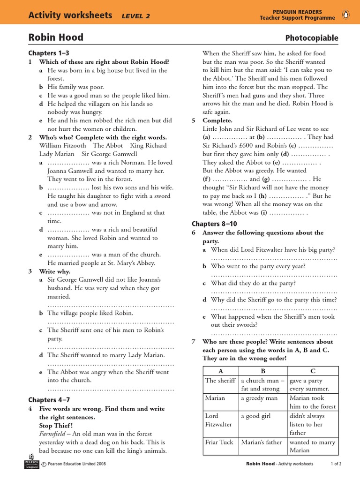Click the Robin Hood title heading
[56, 37]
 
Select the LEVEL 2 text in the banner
[135, 16]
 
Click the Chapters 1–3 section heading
[49, 53]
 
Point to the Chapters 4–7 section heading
[49, 399]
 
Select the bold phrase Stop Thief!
[56, 425]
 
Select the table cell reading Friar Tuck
[220, 442]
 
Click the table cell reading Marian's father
[261, 442]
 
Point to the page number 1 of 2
[336, 464]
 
